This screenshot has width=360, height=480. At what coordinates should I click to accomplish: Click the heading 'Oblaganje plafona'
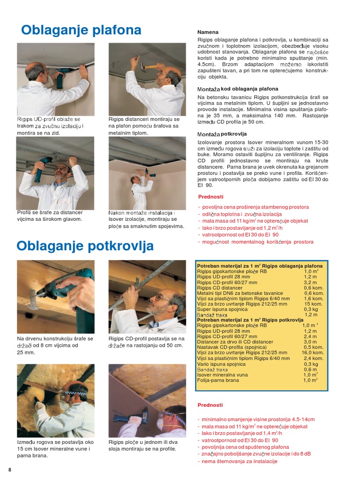point(81,30)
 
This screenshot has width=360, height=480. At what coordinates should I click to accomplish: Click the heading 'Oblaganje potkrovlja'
point(85,246)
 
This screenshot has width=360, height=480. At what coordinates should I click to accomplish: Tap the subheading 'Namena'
point(208,32)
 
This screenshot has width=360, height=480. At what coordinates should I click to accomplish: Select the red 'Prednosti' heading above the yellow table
point(210,197)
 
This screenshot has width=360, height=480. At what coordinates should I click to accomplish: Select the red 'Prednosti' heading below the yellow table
point(210,405)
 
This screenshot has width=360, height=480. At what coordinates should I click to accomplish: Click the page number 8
point(9,470)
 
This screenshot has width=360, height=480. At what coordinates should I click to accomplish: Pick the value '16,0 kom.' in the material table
point(313,352)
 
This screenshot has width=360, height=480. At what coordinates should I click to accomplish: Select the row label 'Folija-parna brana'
point(218,380)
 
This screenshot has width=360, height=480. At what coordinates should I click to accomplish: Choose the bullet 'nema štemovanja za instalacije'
point(239,461)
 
